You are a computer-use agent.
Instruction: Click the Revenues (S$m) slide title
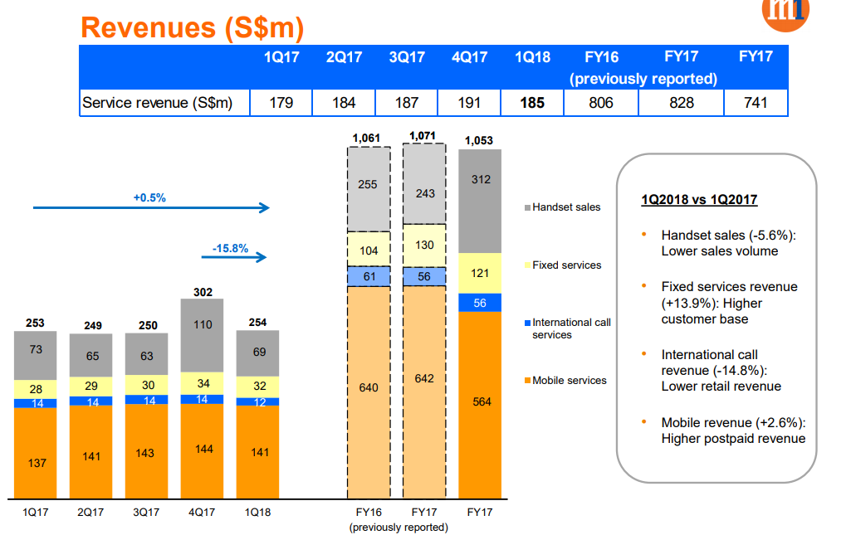click(192, 27)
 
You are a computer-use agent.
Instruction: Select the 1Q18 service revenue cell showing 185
click(532, 103)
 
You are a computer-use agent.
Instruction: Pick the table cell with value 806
click(601, 103)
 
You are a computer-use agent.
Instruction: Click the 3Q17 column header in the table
click(407, 57)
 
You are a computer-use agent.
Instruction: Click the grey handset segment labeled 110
click(203, 325)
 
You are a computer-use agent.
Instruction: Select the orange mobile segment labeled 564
click(480, 402)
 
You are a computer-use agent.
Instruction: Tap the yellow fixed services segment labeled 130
click(424, 246)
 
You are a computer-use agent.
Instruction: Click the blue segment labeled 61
click(369, 276)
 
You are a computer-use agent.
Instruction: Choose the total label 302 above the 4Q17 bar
click(203, 292)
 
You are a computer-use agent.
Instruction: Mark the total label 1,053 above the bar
click(480, 140)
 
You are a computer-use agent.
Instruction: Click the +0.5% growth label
click(149, 198)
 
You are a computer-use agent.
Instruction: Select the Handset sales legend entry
click(566, 207)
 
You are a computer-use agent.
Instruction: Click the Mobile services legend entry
click(569, 380)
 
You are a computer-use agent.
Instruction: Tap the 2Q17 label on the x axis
click(91, 513)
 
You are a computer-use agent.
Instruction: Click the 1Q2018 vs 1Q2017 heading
click(699, 200)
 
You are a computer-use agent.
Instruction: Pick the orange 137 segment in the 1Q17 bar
click(37, 463)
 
